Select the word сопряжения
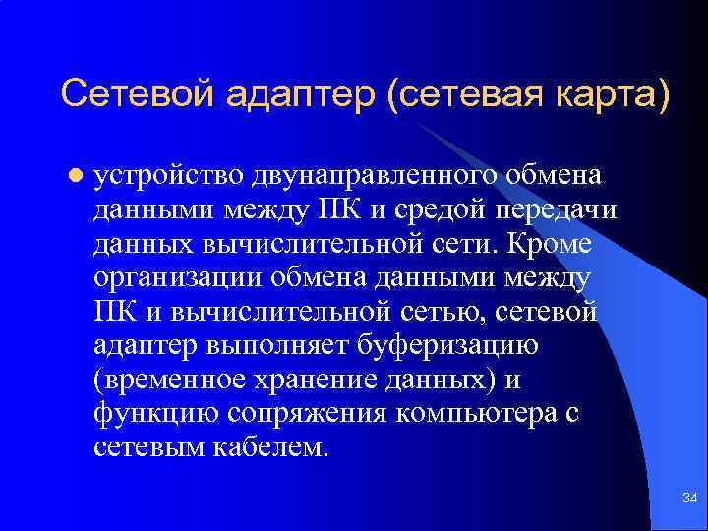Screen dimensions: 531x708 pyautogui.click(x=309, y=414)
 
